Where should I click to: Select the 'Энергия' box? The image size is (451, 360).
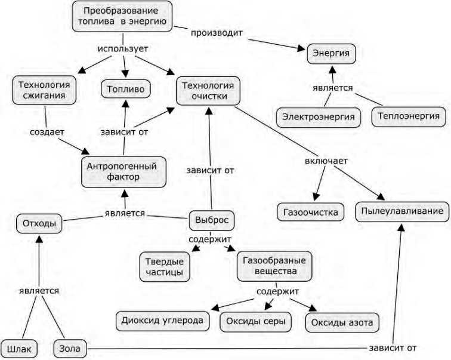click(x=332, y=54)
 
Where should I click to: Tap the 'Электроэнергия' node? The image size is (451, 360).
click(x=319, y=116)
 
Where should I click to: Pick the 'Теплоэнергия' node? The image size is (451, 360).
click(x=409, y=116)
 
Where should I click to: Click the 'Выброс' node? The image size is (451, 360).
click(x=212, y=220)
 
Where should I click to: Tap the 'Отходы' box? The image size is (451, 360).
click(x=39, y=224)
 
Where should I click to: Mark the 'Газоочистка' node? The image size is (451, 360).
click(x=311, y=212)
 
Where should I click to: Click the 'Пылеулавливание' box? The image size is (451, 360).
click(x=402, y=211)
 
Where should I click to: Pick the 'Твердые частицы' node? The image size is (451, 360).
click(x=165, y=266)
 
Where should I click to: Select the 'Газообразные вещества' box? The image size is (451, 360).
click(x=274, y=266)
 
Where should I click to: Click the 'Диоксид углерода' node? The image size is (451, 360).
click(x=163, y=320)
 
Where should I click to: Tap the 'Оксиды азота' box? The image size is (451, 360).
click(x=342, y=323)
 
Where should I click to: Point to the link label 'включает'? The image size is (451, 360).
click(x=326, y=161)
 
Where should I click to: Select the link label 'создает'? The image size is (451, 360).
click(x=47, y=130)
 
